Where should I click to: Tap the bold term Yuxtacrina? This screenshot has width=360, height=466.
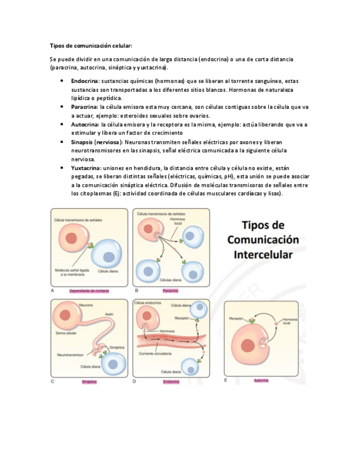pyautogui.click(x=86, y=168)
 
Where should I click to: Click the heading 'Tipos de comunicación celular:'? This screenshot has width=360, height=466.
pyautogui.click(x=91, y=46)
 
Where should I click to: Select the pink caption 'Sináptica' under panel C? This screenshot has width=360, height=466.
pyautogui.click(x=89, y=381)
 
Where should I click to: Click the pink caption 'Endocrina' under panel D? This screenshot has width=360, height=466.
pyautogui.click(x=171, y=381)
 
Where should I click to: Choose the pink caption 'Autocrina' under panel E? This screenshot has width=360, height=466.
pyautogui.click(x=261, y=380)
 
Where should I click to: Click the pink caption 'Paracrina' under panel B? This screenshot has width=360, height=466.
pyautogui.click(x=170, y=290)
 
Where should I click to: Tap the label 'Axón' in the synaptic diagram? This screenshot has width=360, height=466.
pyautogui.click(x=108, y=314)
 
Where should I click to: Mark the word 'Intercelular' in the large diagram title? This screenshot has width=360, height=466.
pyautogui.click(x=263, y=255)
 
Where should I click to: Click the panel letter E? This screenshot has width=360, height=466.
pyautogui.click(x=225, y=380)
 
